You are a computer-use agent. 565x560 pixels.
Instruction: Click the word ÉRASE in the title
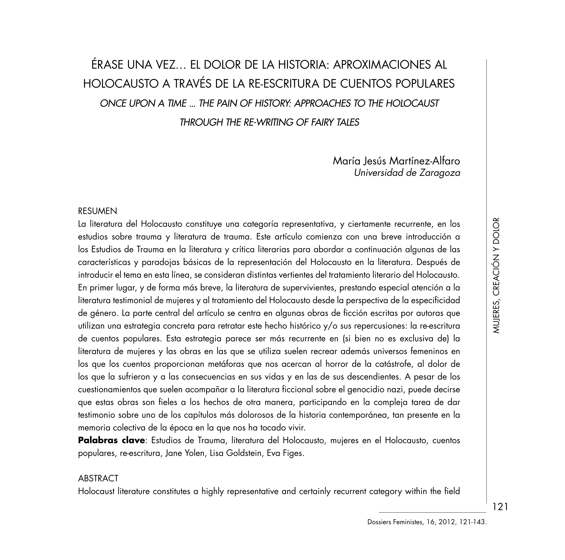coord(107,65)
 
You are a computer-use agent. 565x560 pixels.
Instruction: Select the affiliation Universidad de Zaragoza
coord(407,173)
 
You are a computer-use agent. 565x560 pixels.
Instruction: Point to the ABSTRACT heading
coord(98,478)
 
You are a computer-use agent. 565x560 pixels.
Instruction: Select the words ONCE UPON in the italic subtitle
coord(127,103)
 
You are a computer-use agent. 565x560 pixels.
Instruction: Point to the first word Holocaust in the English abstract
coord(96,491)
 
